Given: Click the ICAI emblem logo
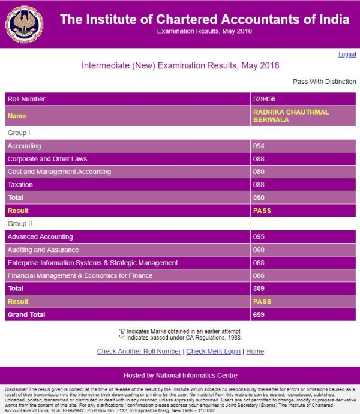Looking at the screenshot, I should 24,25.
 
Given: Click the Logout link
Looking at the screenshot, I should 347,55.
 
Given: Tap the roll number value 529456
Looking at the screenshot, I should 265,99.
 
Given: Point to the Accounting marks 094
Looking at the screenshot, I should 259,146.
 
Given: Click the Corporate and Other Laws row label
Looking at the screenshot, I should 47,159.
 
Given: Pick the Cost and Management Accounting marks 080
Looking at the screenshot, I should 259,172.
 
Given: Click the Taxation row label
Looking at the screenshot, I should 20,185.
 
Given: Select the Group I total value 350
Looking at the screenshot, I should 259,197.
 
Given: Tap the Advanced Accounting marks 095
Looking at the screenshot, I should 259,237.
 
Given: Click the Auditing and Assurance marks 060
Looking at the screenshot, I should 259,250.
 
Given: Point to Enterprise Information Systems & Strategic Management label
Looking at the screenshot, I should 92,263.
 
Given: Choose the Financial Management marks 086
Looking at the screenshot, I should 259,275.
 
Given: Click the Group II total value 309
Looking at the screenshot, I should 259,289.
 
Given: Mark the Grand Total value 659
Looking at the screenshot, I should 259,314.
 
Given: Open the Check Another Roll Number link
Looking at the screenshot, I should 139,352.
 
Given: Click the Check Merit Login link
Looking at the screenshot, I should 213,352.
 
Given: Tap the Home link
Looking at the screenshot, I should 255,352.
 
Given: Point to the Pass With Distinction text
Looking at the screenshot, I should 324,82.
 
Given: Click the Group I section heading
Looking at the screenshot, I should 19,133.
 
